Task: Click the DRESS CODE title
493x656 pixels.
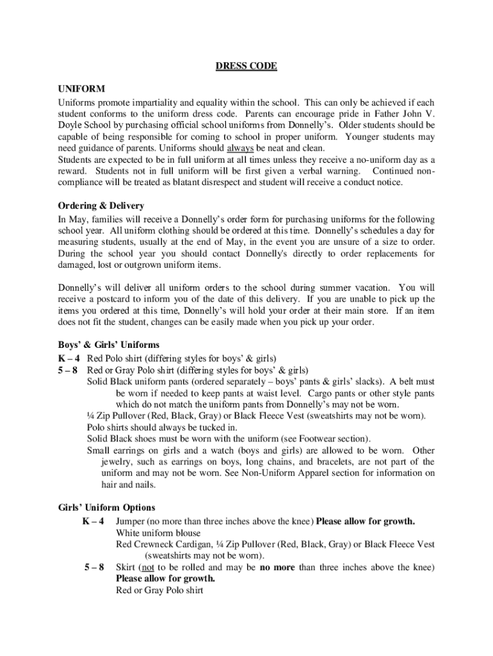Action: pyautogui.click(x=246, y=66)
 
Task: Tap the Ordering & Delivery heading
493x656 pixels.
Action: pyautogui.click(x=101, y=206)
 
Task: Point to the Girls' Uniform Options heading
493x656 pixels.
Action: pyautogui.click(x=107, y=507)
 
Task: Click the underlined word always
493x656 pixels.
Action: pyautogui.click(x=240, y=148)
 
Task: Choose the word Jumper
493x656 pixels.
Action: pyautogui.click(x=131, y=521)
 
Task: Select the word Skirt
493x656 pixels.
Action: pyautogui.click(x=126, y=567)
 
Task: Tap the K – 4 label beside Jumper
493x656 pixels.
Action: pyautogui.click(x=93, y=521)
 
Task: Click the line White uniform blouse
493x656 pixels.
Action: pyautogui.click(x=158, y=532)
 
